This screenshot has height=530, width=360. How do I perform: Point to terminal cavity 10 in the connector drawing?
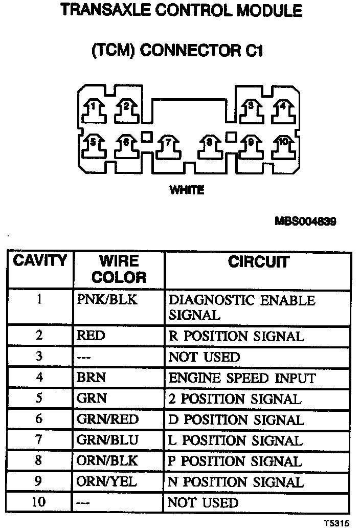point(282,144)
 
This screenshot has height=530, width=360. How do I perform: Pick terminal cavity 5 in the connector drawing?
point(94,144)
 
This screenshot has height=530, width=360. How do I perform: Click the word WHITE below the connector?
point(187,190)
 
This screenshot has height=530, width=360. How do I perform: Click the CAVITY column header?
point(40,261)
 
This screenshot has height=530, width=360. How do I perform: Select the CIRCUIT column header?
point(258,262)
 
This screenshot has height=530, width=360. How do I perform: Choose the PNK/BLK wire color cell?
point(107,300)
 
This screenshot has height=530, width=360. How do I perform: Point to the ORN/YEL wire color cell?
point(107,482)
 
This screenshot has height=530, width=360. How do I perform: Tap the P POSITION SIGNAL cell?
point(235,461)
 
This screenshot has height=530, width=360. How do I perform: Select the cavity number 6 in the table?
point(39,419)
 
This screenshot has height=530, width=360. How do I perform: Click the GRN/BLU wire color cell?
point(107,440)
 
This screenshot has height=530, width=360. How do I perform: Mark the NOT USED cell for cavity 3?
point(204,357)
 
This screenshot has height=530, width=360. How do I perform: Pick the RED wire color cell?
point(91,336)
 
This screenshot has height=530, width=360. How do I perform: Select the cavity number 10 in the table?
point(39,502)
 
